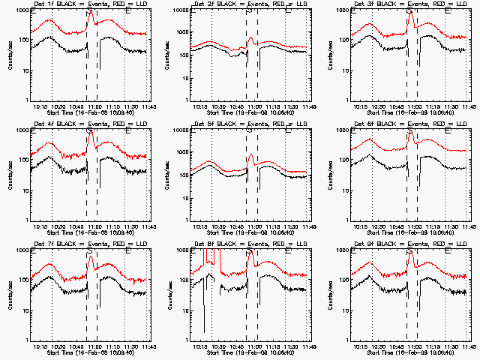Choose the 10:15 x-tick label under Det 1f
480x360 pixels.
point(43,106)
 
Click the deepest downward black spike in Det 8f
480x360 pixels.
point(204,330)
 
